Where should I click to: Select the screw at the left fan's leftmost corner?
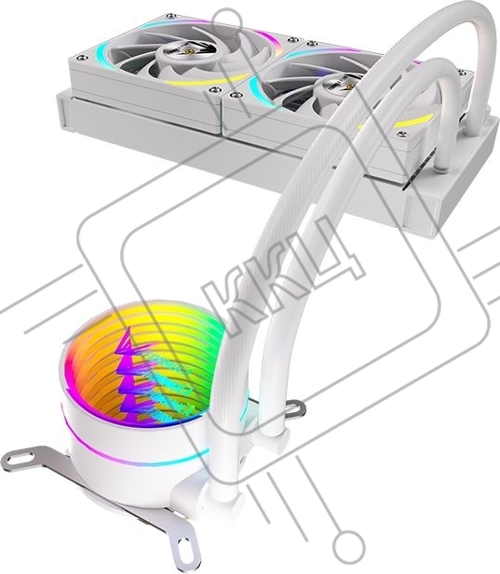(81, 58)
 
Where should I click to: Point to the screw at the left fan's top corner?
(169, 16)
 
